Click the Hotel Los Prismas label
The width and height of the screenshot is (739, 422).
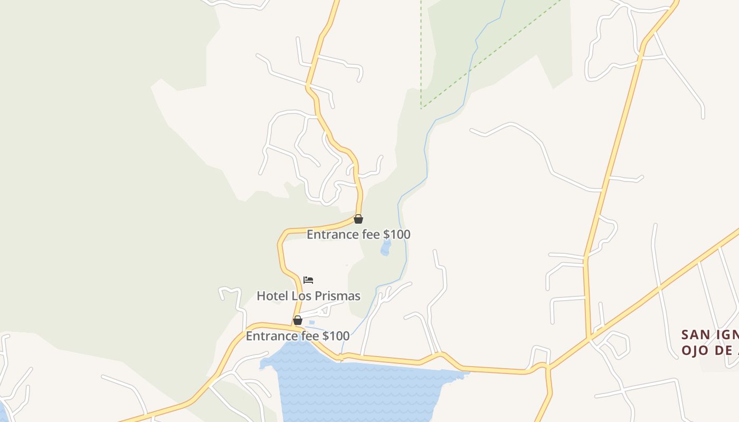[x=308, y=296]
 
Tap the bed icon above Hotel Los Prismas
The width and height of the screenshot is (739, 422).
[x=308, y=280]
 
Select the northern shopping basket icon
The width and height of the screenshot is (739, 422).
[x=358, y=219]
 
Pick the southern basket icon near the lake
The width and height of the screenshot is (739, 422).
[x=298, y=320]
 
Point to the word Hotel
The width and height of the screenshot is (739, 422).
[x=272, y=296]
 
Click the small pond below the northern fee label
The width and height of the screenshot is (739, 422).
[x=386, y=248]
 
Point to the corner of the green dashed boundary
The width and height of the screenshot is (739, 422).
[x=422, y=108]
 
